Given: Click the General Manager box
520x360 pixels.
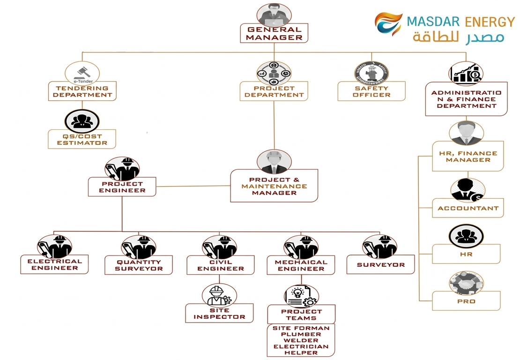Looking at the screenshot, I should [x=274, y=33].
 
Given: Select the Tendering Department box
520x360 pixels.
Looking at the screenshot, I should [x=82, y=91].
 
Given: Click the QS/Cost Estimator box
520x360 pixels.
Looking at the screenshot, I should [x=82, y=140].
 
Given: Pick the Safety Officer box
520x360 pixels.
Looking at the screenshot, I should [x=371, y=91].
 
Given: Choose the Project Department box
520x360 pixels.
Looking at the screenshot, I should [x=274, y=91].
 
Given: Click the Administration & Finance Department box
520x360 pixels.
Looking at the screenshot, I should [x=466, y=99].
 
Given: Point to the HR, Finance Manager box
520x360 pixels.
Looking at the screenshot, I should [x=468, y=157].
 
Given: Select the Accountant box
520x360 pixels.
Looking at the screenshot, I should [x=468, y=208].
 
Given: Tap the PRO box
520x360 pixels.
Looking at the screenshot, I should [x=466, y=301].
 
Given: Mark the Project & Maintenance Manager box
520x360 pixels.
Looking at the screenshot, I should [x=274, y=186].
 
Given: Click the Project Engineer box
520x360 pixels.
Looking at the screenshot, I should [x=122, y=187].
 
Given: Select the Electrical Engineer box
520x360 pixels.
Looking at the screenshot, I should [x=55, y=265].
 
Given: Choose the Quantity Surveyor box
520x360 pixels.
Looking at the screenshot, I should [x=139, y=265].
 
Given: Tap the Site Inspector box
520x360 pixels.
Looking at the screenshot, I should [x=219, y=313].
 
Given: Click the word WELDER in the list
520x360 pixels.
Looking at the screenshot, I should [x=301, y=340].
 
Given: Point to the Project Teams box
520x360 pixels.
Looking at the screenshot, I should [x=301, y=315].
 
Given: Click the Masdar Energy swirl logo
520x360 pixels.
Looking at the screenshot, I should [x=388, y=23].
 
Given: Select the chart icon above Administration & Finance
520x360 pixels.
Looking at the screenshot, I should [x=466, y=73].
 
